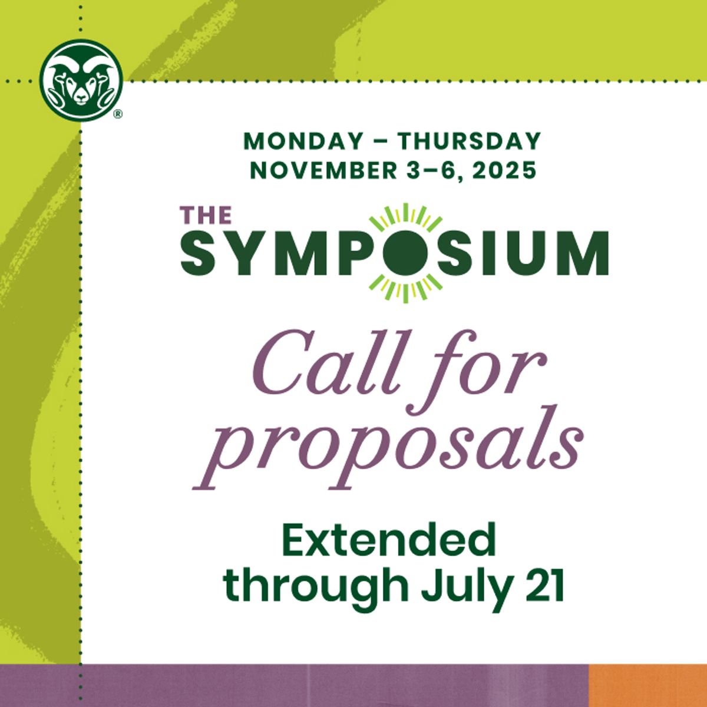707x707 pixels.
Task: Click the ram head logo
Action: pos(81,80)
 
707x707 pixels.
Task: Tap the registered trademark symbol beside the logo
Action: pos(118,115)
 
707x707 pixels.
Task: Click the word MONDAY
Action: pos(303,141)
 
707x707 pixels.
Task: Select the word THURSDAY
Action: pos(468,141)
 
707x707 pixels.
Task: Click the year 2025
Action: pos(504,170)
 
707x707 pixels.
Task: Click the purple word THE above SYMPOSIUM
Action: pos(206,215)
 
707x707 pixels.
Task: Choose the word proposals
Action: pos(389,448)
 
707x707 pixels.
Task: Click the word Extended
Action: pos(389,541)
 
